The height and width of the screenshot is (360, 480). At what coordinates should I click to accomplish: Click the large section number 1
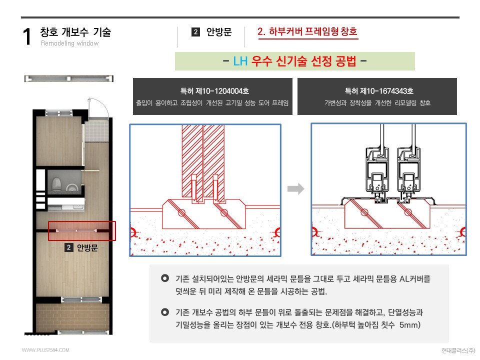pos(28,37)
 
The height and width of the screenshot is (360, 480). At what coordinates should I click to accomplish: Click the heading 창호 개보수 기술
pos(75,32)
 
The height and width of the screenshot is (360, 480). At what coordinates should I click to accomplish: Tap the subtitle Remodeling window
pos(69,43)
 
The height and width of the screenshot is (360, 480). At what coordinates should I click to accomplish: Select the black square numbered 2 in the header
pos(196,32)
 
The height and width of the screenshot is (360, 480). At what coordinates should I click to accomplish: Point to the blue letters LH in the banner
pos(240,61)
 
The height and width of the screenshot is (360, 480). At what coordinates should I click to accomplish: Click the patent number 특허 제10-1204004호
pos(214,91)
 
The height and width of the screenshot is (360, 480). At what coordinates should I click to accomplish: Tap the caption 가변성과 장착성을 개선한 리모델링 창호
pos(377,103)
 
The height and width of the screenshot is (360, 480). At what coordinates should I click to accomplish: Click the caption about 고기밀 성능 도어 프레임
pos(214,103)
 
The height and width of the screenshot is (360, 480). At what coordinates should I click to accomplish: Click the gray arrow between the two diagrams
pos(296,189)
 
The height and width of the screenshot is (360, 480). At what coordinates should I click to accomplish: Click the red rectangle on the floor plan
pos(82,231)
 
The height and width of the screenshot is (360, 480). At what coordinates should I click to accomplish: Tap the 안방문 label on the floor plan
pos(87,247)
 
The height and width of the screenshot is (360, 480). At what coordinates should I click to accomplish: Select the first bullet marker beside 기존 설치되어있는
pos(164,279)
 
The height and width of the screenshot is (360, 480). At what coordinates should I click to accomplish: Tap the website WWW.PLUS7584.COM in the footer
pos(45,350)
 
